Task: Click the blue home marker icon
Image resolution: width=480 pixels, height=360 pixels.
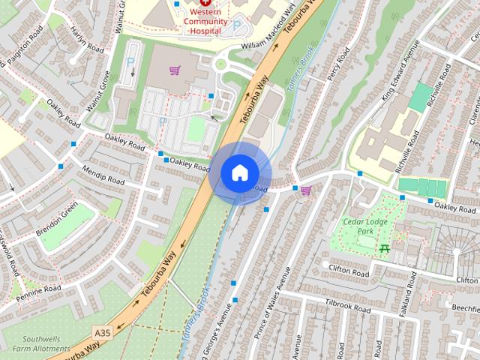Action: pyautogui.click(x=239, y=172)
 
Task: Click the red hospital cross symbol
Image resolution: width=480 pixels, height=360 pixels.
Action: pyautogui.click(x=205, y=3)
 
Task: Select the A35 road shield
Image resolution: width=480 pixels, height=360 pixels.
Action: pyautogui.click(x=103, y=331)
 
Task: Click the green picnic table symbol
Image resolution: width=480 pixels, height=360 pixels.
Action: pyautogui.click(x=385, y=247)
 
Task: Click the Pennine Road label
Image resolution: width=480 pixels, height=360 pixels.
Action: pyautogui.click(x=41, y=289)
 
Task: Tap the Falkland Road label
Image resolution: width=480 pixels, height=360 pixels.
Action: pyautogui.click(x=411, y=294)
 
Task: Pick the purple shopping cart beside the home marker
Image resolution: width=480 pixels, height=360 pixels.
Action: pyautogui.click(x=305, y=190)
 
